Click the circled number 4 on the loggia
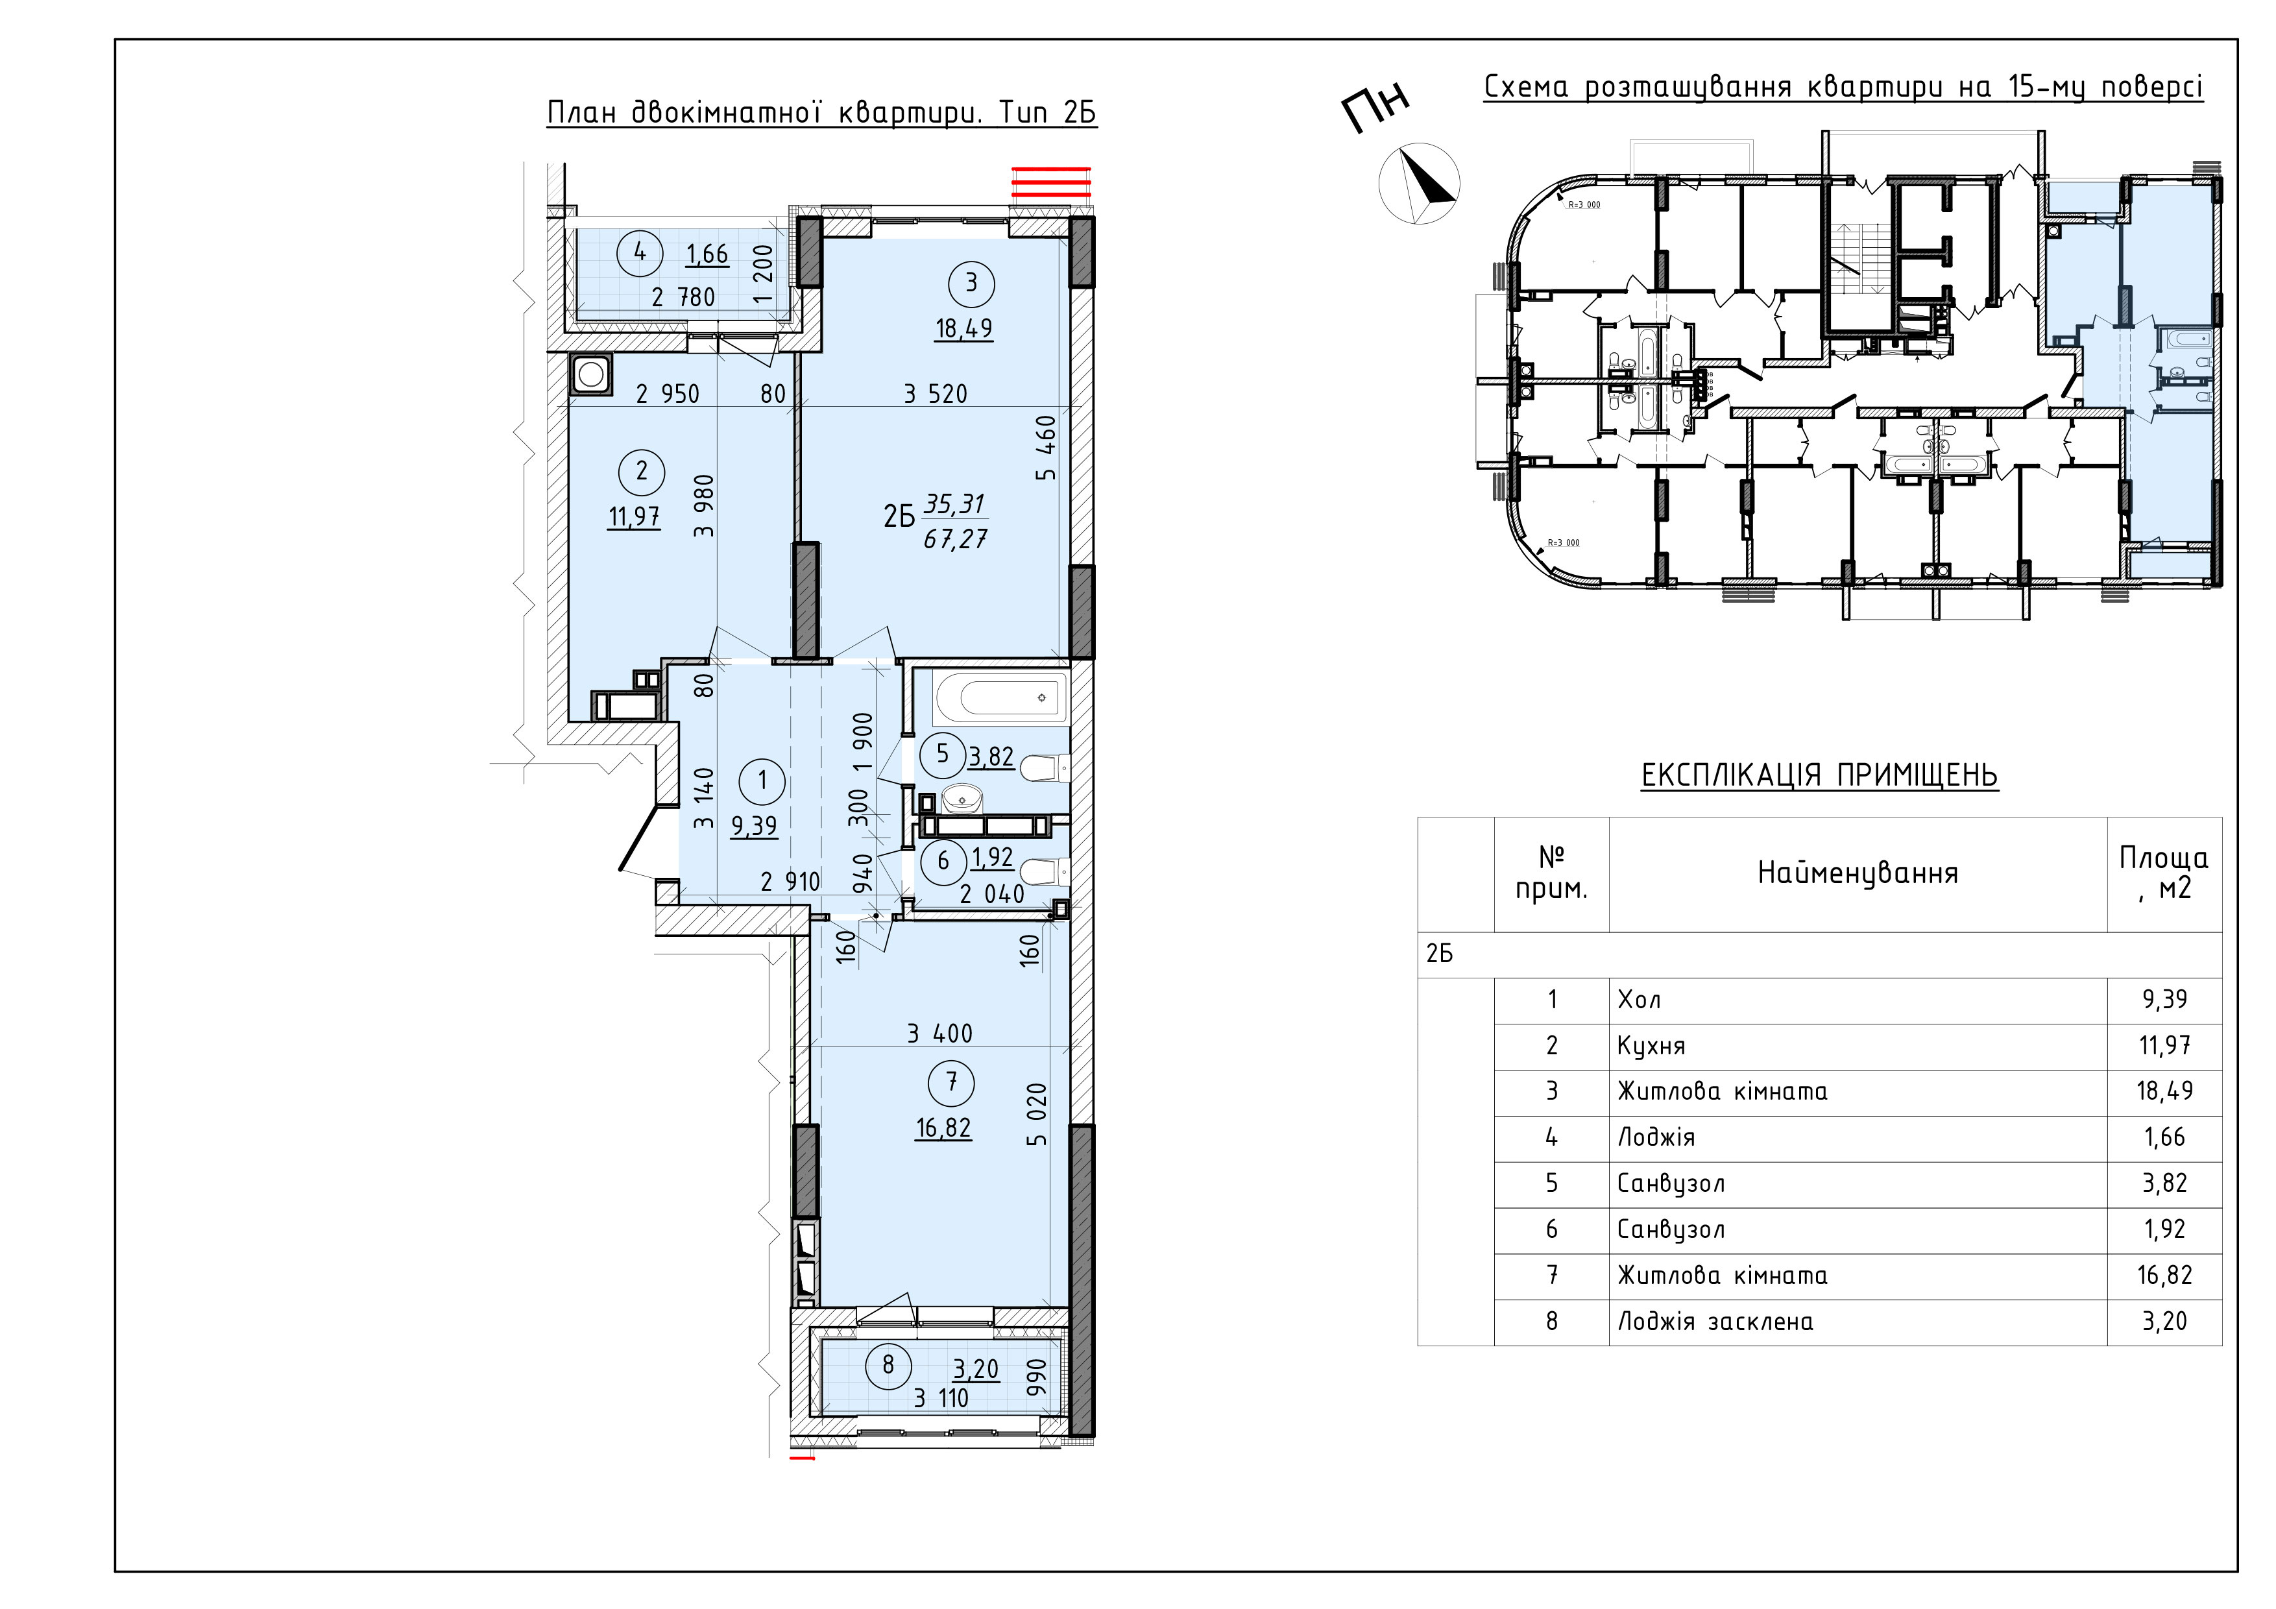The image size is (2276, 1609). point(639,253)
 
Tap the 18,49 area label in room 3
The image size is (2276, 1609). point(963,328)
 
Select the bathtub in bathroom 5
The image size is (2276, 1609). point(1001,698)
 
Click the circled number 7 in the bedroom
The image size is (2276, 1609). point(952,1082)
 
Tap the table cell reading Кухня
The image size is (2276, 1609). point(1651,1046)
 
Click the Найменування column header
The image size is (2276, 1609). point(1858,873)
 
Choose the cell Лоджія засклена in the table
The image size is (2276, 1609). point(1715,1322)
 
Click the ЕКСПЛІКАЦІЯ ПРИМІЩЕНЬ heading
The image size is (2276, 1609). point(1820,775)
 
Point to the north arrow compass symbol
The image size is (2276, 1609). point(1420,184)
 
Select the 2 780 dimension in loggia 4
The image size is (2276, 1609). point(683,296)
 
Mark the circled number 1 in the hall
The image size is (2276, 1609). point(762,781)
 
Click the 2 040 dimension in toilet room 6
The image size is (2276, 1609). point(992,894)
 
